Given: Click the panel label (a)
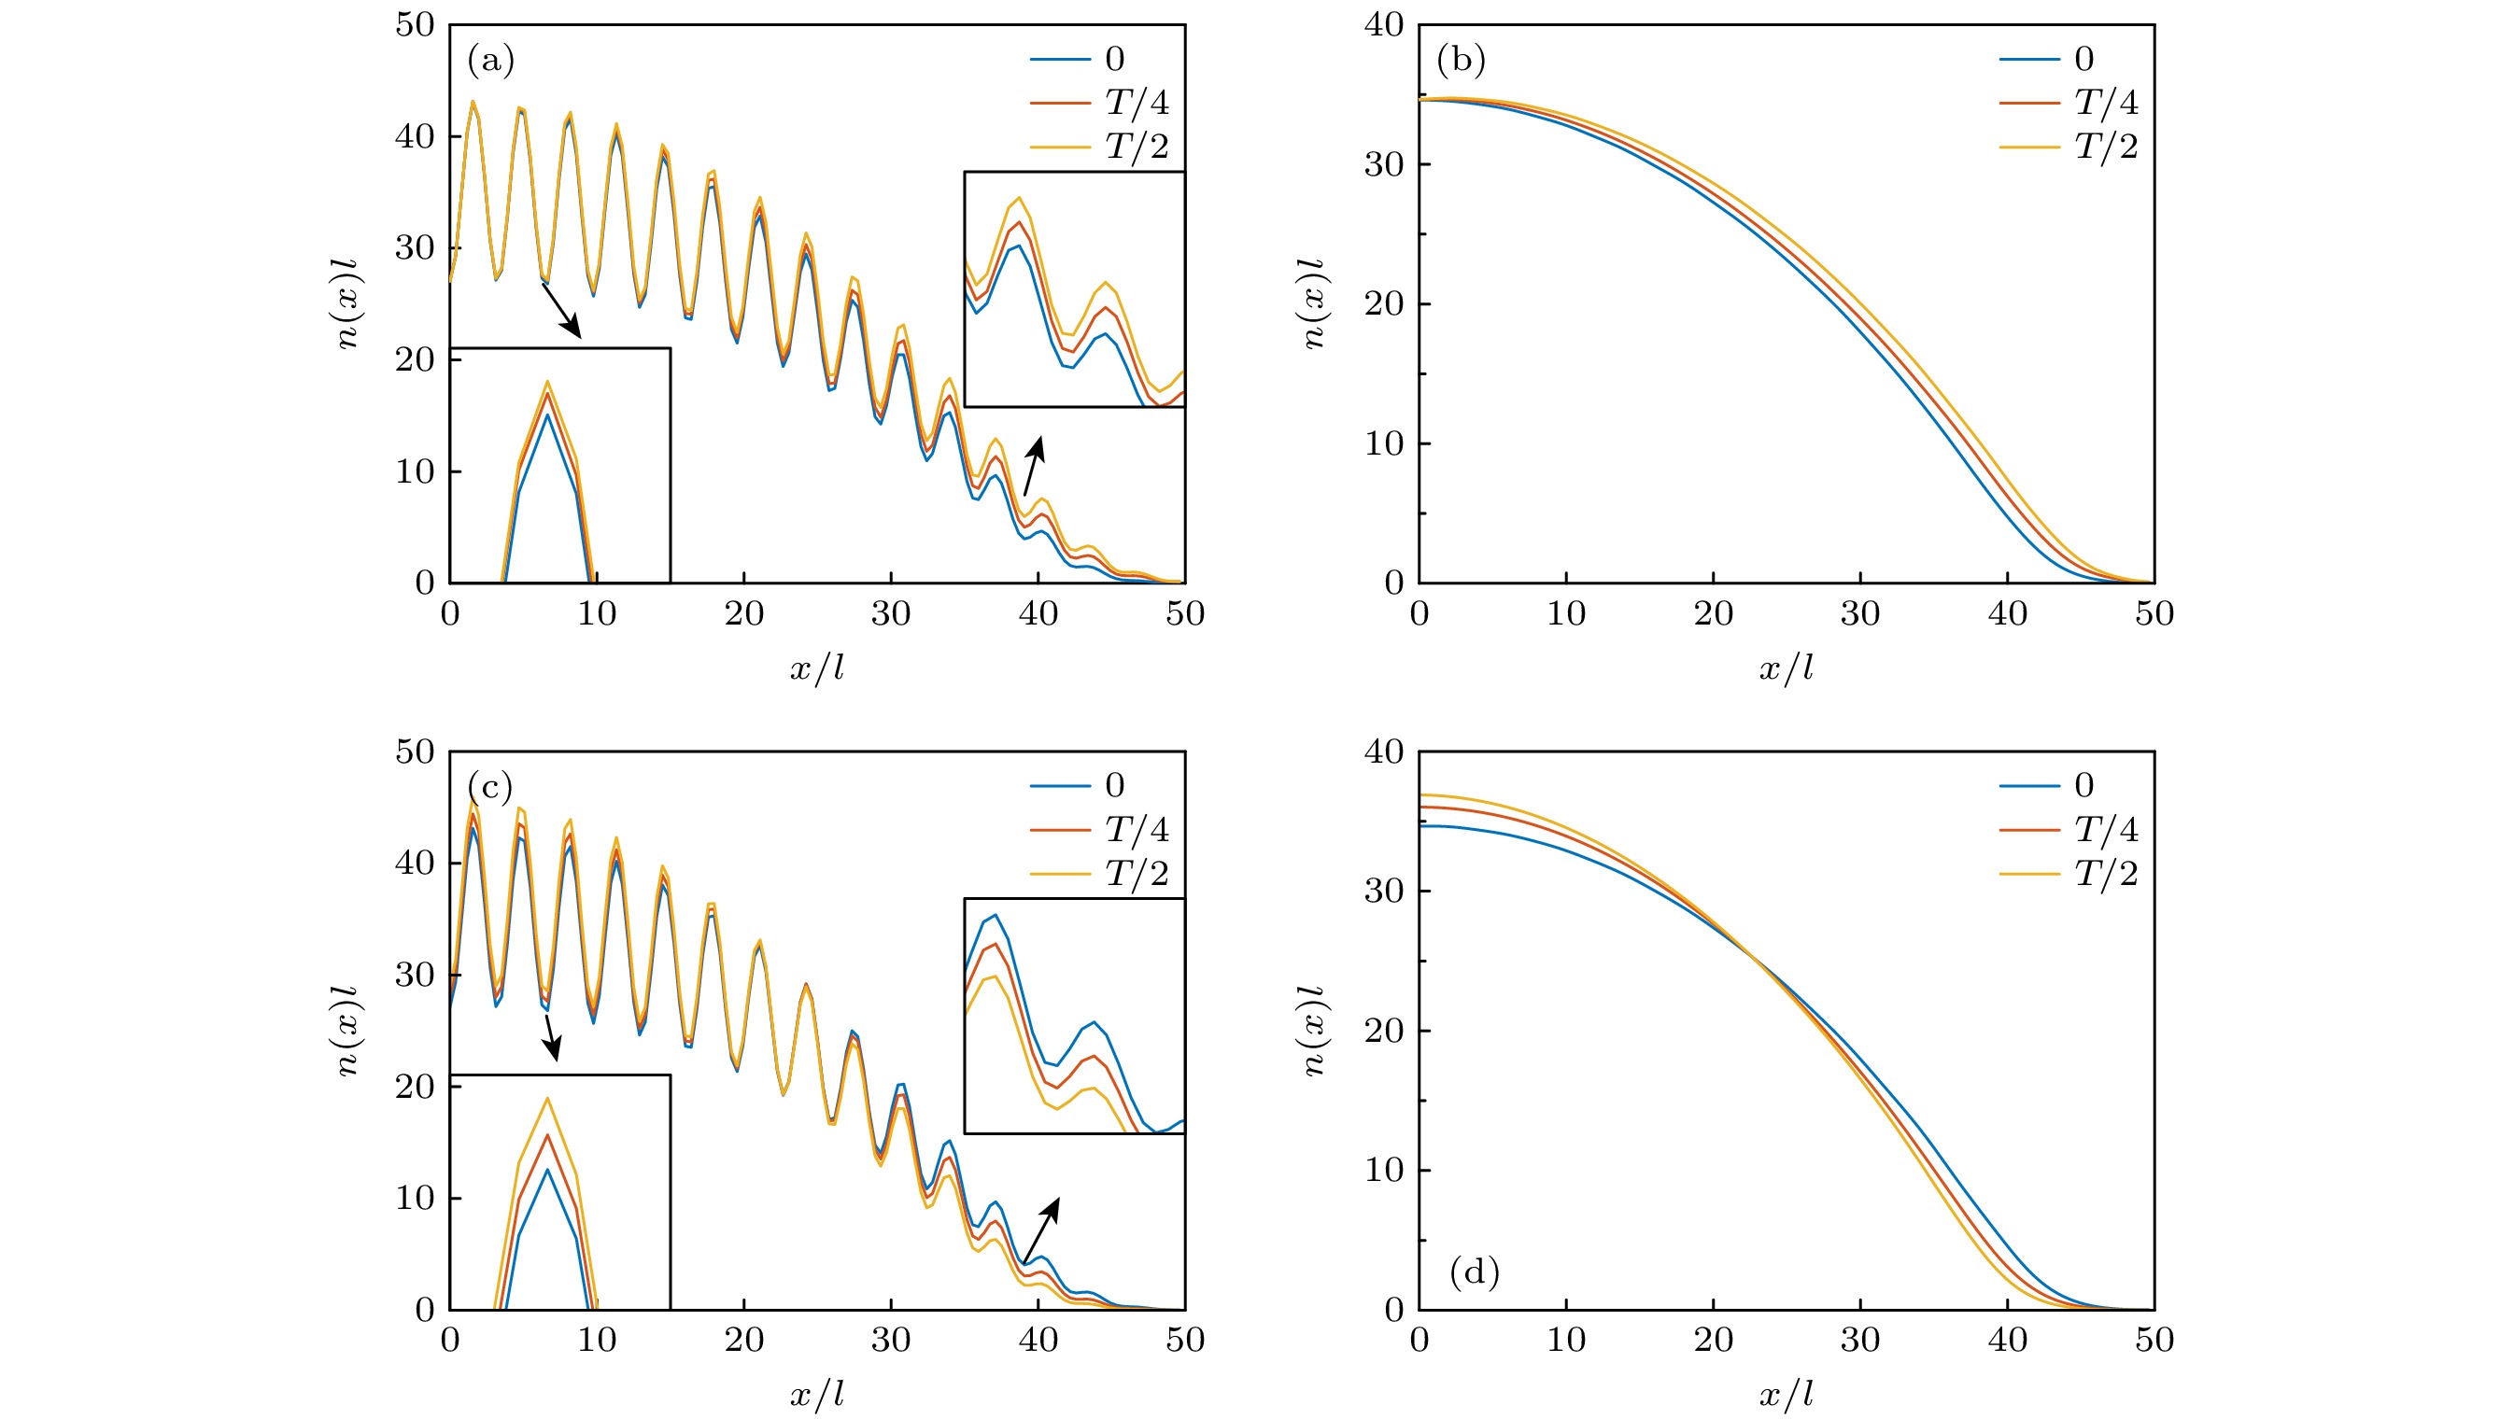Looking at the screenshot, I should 490,61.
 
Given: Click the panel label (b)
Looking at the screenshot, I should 1460,61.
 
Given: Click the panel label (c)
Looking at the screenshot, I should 490,786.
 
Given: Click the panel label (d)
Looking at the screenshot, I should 1474,1271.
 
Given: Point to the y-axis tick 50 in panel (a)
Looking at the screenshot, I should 415,25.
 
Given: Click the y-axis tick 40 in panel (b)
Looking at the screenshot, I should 1384,25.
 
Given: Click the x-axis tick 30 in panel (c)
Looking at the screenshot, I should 890,1340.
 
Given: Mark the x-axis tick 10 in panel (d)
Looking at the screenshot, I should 1566,1340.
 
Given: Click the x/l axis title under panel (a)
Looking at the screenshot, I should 817,668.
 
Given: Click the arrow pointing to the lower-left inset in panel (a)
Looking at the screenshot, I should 561,311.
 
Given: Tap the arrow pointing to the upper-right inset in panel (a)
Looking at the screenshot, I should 1034,466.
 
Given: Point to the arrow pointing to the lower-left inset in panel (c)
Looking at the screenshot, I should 552,1038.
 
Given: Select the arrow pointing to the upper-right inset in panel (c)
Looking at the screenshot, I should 1041,1229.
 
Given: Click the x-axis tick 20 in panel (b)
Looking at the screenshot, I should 1713,614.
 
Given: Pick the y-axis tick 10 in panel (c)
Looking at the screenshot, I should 415,1198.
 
